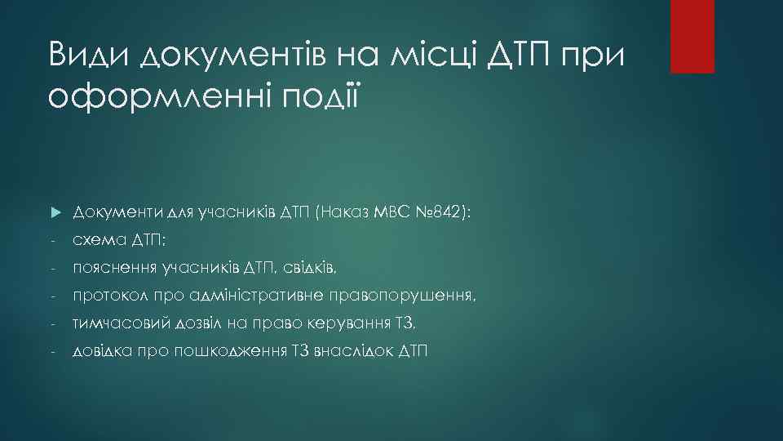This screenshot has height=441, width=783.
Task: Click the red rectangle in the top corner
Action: pyautogui.click(x=692, y=36)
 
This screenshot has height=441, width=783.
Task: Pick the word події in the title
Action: pyautogui.click(x=317, y=96)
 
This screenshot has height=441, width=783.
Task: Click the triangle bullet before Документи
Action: pyautogui.click(x=55, y=212)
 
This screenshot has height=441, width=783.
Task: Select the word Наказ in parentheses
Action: pyautogui.click(x=350, y=212)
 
